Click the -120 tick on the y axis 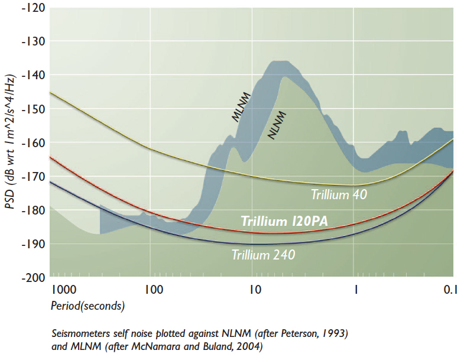click(x=33, y=8)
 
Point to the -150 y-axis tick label click(x=33, y=109)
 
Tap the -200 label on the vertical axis click(x=33, y=278)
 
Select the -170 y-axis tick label click(x=33, y=177)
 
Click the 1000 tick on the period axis click(x=64, y=290)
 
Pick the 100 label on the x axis click(x=154, y=290)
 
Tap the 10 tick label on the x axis click(x=255, y=290)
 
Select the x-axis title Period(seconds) click(x=88, y=306)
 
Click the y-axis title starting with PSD click(x=11, y=142)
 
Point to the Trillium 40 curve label click(x=339, y=194)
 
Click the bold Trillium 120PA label click(x=284, y=221)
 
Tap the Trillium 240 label click(x=264, y=255)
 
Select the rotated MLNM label click(x=242, y=108)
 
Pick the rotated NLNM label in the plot click(x=277, y=125)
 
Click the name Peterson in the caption click(x=301, y=333)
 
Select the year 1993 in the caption click(x=337, y=333)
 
